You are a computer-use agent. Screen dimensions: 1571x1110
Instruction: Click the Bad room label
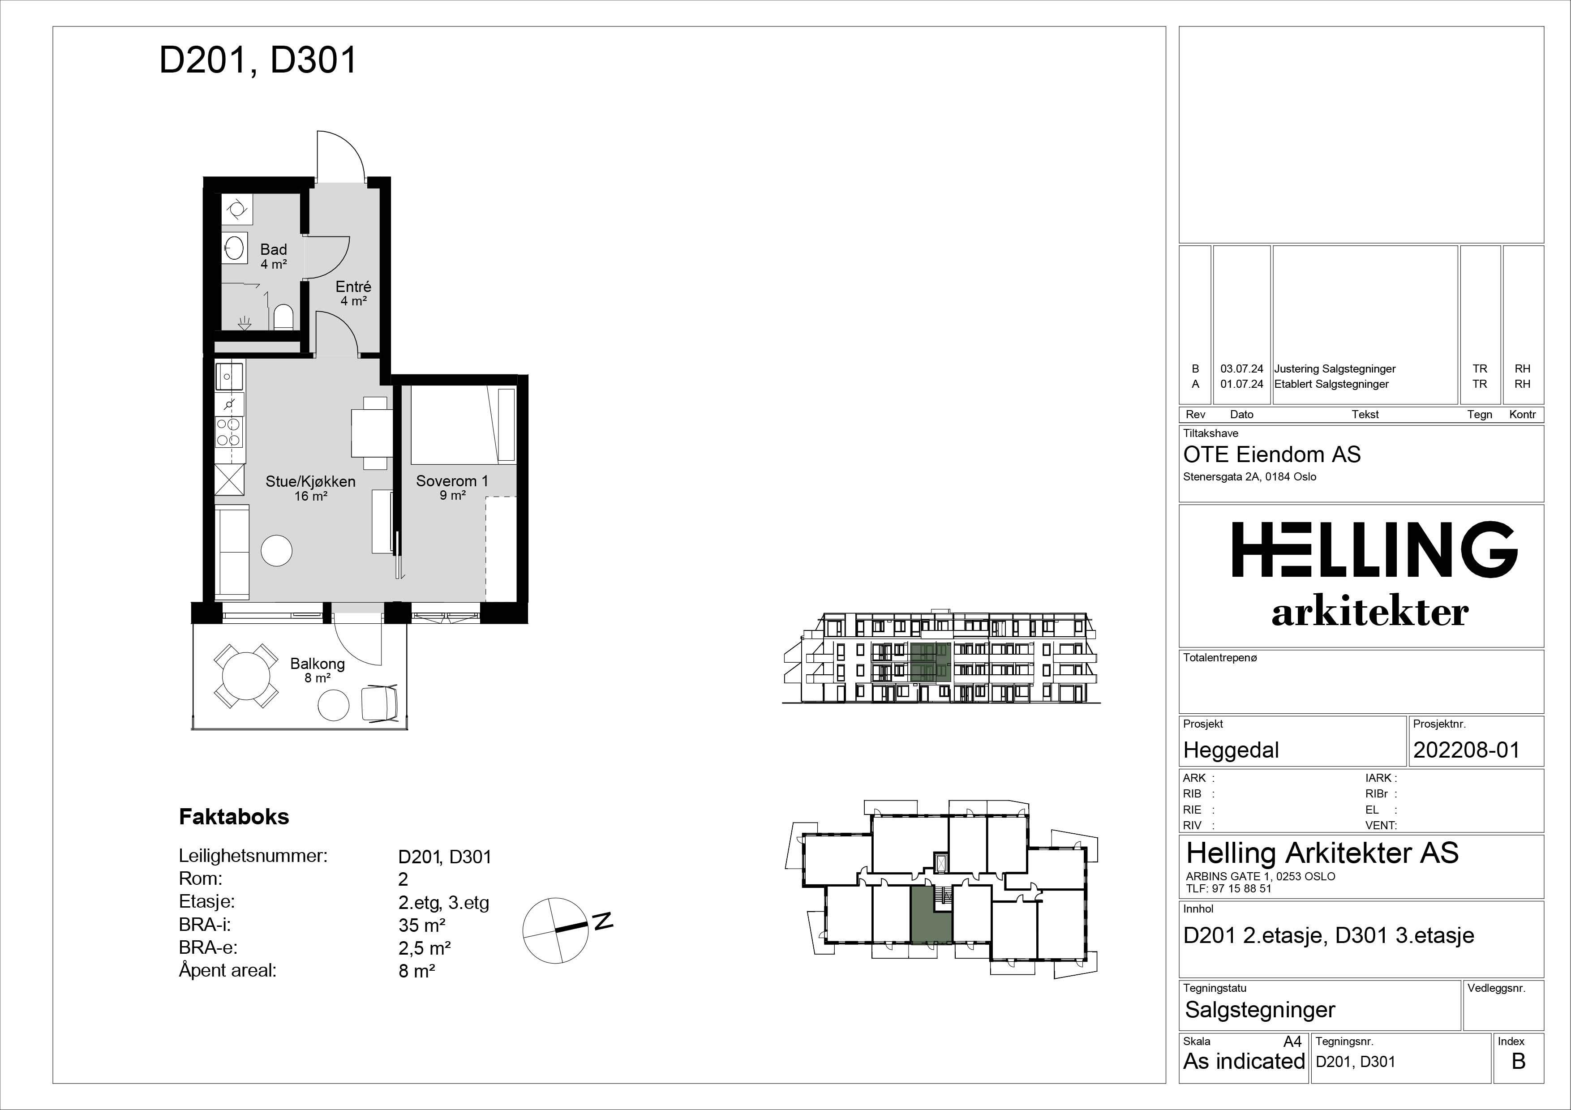(x=273, y=250)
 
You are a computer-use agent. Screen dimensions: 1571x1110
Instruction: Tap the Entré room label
(x=353, y=287)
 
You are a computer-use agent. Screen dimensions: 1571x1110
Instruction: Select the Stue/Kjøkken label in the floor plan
(x=311, y=481)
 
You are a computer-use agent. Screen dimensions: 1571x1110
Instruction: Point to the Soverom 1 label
(x=452, y=481)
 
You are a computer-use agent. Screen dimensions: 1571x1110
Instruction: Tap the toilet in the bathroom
(x=283, y=317)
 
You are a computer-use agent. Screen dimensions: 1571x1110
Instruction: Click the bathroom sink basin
(x=234, y=248)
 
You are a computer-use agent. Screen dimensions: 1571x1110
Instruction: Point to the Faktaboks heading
(x=234, y=817)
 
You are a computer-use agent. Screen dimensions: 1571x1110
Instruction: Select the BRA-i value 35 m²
(x=422, y=926)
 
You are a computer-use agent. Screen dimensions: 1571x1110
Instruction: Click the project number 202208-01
(x=1466, y=750)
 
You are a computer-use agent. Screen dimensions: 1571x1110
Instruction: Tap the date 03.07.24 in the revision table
(x=1242, y=369)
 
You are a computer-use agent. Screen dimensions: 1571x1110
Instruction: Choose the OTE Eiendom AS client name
(x=1272, y=455)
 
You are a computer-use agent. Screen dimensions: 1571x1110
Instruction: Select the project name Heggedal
(x=1231, y=751)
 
